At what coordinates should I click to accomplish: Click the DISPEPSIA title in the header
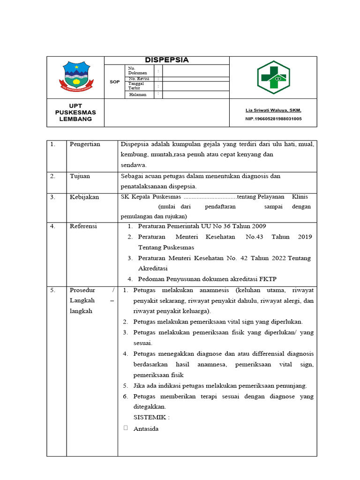166,60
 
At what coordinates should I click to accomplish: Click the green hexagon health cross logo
273,77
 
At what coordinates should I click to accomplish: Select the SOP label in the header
114,82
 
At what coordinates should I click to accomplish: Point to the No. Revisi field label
138,79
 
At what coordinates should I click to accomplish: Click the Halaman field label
138,94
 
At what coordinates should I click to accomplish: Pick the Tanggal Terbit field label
135,86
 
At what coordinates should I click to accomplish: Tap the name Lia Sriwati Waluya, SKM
273,110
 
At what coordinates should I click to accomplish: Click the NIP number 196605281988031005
273,119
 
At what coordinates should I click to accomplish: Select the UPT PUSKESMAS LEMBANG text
75,112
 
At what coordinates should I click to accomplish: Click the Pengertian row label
85,144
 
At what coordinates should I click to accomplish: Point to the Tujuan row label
80,176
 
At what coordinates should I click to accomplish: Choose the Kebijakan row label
84,197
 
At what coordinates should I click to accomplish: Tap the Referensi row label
83,226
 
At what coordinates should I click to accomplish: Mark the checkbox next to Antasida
125,428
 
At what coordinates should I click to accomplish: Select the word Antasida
146,428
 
